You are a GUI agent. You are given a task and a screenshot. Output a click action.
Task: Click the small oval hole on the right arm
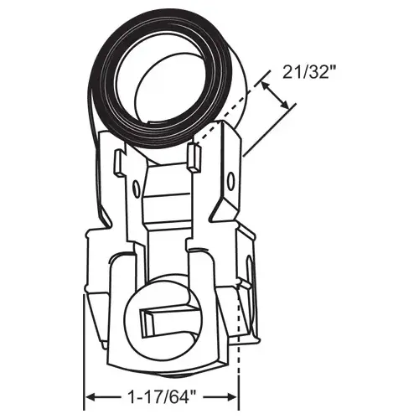coord(224,176)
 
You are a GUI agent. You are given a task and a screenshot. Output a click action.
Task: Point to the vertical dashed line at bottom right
coord(240,352)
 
